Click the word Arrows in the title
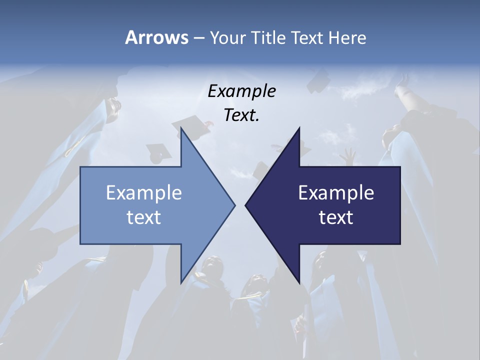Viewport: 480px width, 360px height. [156, 38]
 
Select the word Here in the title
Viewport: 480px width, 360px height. [347, 38]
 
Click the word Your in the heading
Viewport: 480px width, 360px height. [227, 38]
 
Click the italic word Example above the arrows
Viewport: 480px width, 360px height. [241, 91]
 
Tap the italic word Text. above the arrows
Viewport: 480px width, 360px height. [241, 115]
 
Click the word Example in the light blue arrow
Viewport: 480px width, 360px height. [144, 192]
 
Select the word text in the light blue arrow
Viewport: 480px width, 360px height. [144, 217]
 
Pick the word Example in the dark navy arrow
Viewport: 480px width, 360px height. [336, 192]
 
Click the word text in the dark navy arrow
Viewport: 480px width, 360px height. [336, 217]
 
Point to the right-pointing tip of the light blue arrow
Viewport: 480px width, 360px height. [234, 205]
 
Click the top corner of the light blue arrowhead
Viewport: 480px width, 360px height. [181, 128]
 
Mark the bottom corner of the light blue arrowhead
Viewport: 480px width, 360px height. [181, 282]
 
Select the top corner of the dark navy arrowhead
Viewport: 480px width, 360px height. [299, 128]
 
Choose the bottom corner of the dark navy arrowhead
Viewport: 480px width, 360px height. [299, 282]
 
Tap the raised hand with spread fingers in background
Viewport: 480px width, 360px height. [348, 156]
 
